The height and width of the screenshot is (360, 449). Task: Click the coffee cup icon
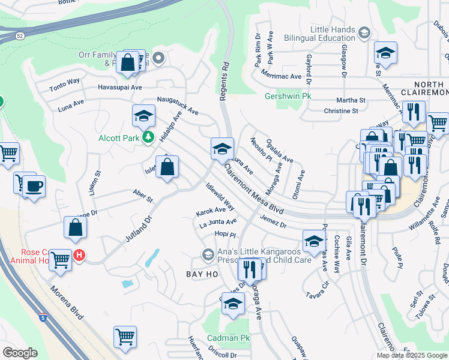pyautogui.click(x=35, y=185)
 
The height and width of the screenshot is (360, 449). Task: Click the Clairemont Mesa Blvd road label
pyautogui.click(x=255, y=190)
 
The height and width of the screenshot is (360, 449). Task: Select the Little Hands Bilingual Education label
pyautogui.click(x=333, y=34)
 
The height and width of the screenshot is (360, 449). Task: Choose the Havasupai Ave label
pyautogui.click(x=120, y=87)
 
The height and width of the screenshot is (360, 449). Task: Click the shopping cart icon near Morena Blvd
pyautogui.click(x=125, y=337)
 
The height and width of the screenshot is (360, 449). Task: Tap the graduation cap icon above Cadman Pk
pyautogui.click(x=233, y=304)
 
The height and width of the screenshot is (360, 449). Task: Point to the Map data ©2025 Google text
pyautogui.click(x=411, y=355)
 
